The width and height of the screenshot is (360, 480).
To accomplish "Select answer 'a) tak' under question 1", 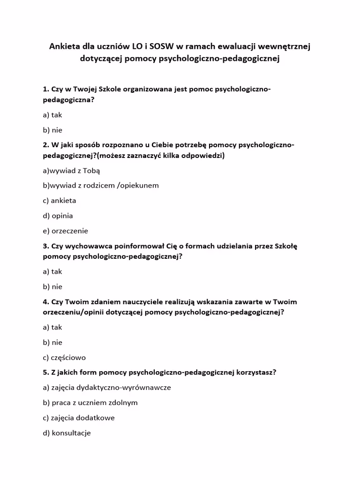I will click(x=52, y=115).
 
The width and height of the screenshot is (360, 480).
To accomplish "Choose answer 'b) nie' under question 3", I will click(x=52, y=286).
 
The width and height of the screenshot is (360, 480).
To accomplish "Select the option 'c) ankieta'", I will click(x=59, y=201).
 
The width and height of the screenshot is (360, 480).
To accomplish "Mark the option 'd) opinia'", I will click(x=58, y=216).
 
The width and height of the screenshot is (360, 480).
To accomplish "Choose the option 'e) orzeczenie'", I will click(x=65, y=231).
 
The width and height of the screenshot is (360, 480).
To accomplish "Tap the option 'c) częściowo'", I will click(x=64, y=358).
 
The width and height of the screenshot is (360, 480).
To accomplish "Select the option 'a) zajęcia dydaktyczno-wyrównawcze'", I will click(x=106, y=388).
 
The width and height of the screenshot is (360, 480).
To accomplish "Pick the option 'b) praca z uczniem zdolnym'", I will click(x=90, y=403).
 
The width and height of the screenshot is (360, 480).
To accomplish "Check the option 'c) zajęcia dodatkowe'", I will click(x=78, y=418).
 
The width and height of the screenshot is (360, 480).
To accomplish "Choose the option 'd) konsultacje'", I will click(x=67, y=433).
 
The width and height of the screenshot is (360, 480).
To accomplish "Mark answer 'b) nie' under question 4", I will click(x=52, y=342).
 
